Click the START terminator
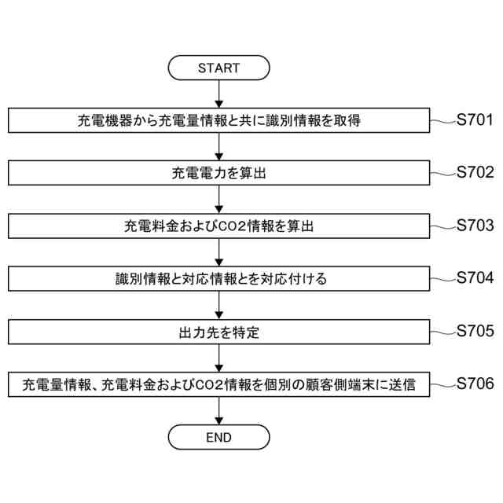[x=218, y=68]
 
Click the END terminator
[x=218, y=437]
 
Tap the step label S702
[x=475, y=173]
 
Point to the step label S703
[x=475, y=226]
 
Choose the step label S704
[x=475, y=278]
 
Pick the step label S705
[x=475, y=331]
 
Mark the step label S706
[x=475, y=384]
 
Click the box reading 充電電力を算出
[x=218, y=174]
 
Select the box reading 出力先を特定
[x=218, y=332]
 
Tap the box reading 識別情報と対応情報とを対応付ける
[x=218, y=280]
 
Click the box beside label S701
[x=218, y=121]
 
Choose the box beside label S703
[x=218, y=226]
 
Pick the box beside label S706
[x=218, y=385]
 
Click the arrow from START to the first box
[x=218, y=94]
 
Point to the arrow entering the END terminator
[x=218, y=410]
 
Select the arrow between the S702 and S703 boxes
[x=218, y=200]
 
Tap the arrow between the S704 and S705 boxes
[x=218, y=306]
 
